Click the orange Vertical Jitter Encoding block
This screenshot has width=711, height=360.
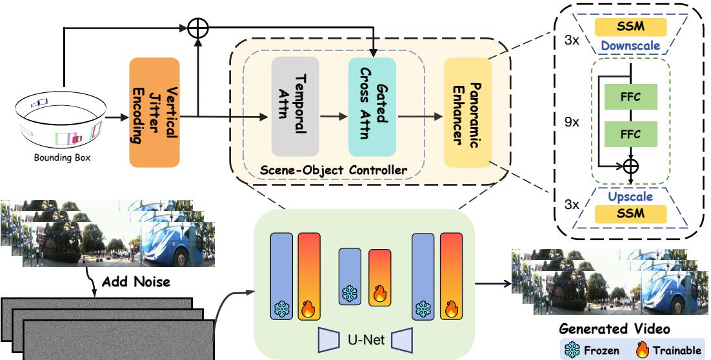pos(154,114)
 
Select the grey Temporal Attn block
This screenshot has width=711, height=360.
pos(295,106)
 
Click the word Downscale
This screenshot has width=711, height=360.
pos(633,47)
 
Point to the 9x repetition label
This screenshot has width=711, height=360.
pos(571,121)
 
